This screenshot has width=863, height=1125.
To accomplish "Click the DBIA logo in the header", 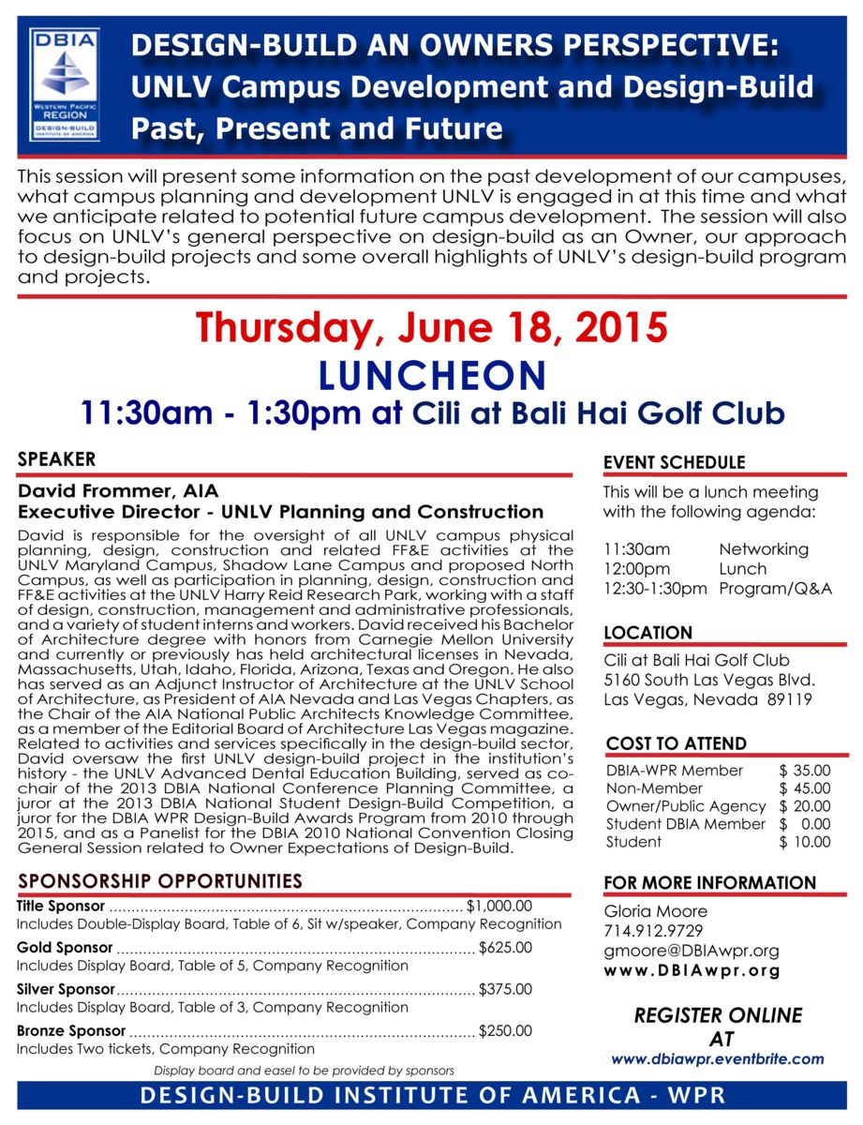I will [65, 83].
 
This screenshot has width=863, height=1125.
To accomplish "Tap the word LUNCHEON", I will [431, 375].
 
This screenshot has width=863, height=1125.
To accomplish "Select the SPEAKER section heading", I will [56, 459].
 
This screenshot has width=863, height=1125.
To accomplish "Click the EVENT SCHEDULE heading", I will [675, 462].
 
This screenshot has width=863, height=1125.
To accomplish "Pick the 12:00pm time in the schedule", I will [637, 569].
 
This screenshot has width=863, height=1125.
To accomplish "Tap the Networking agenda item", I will [763, 549].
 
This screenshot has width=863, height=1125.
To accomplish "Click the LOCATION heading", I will [648, 633].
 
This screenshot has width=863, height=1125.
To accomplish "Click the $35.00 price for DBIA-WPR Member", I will [804, 771].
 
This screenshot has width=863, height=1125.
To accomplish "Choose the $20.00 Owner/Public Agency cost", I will [804, 806].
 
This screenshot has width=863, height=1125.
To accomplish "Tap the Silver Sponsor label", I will [66, 989].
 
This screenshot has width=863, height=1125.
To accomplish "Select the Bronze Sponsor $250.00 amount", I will [505, 1031].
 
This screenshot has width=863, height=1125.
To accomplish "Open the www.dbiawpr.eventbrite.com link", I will [718, 1059].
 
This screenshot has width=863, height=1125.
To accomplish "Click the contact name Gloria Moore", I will [656, 911].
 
